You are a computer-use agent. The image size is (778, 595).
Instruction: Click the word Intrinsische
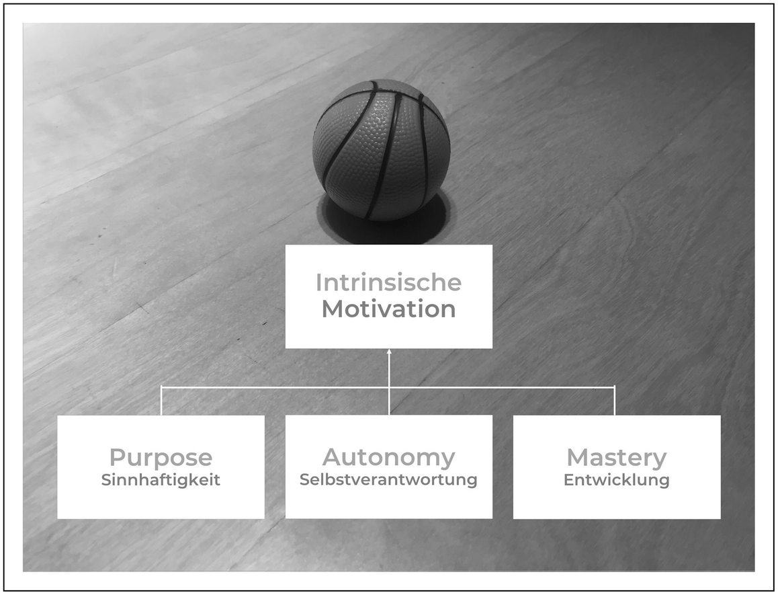[388, 282]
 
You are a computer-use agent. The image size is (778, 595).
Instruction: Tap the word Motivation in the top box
[388, 309]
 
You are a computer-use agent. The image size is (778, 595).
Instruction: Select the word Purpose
[161, 458]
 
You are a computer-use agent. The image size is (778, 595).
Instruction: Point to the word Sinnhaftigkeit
[161, 481]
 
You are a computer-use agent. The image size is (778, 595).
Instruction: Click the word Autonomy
[388, 457]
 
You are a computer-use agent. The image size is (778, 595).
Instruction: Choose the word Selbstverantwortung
[388, 480]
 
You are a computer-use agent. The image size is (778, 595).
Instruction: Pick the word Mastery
[617, 458]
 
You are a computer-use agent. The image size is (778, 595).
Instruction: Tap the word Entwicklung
[617, 481]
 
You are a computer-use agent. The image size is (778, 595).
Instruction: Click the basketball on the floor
[381, 149]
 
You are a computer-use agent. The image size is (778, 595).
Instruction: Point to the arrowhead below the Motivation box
[389, 352]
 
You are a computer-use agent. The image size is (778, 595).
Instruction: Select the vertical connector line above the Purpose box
[161, 401]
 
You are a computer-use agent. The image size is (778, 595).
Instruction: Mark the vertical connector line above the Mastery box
[615, 401]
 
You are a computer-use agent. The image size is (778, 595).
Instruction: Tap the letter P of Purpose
[118, 458]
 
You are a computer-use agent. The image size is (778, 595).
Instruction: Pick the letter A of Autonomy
[333, 457]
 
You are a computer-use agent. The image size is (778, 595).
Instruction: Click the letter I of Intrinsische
[318, 282]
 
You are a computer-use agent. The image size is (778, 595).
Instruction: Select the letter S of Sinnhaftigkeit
[106, 481]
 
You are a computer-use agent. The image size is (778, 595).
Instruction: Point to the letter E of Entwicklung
[568, 481]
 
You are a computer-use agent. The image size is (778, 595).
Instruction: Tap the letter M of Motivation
[333, 309]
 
